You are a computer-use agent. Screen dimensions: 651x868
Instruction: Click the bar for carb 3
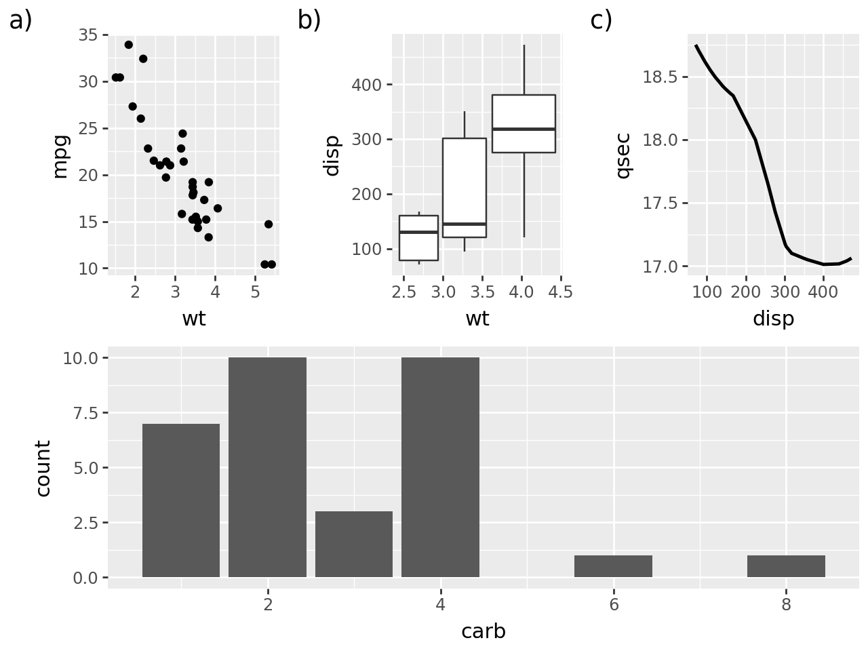click(x=354, y=544)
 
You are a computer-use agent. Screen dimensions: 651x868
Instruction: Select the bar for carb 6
click(x=613, y=566)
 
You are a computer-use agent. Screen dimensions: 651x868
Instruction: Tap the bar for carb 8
click(x=786, y=566)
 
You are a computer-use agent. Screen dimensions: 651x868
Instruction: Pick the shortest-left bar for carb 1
click(x=181, y=500)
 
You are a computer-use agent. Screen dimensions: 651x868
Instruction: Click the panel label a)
click(x=21, y=21)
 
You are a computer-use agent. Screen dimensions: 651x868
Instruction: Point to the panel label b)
click(x=309, y=21)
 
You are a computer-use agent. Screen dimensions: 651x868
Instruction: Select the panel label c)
click(x=601, y=21)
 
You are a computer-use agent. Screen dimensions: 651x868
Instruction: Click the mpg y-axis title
click(x=60, y=156)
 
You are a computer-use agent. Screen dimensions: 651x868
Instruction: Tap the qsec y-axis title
click(x=623, y=156)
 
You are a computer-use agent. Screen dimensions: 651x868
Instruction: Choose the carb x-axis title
click(x=483, y=631)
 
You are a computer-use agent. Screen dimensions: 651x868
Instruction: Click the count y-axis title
click(x=43, y=468)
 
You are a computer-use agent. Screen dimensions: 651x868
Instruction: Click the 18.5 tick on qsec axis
click(x=660, y=77)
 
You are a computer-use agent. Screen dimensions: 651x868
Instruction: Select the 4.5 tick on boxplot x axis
click(x=560, y=292)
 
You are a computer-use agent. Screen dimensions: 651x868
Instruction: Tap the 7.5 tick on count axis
click(x=80, y=413)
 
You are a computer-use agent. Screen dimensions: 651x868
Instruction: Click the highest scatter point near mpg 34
click(x=129, y=45)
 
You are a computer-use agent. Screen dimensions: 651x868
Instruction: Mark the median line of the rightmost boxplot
click(x=524, y=129)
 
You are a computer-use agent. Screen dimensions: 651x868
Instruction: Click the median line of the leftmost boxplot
click(x=418, y=232)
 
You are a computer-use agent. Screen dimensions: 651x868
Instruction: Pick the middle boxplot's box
click(x=465, y=176)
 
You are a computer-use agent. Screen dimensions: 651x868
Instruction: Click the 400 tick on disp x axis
click(x=823, y=292)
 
